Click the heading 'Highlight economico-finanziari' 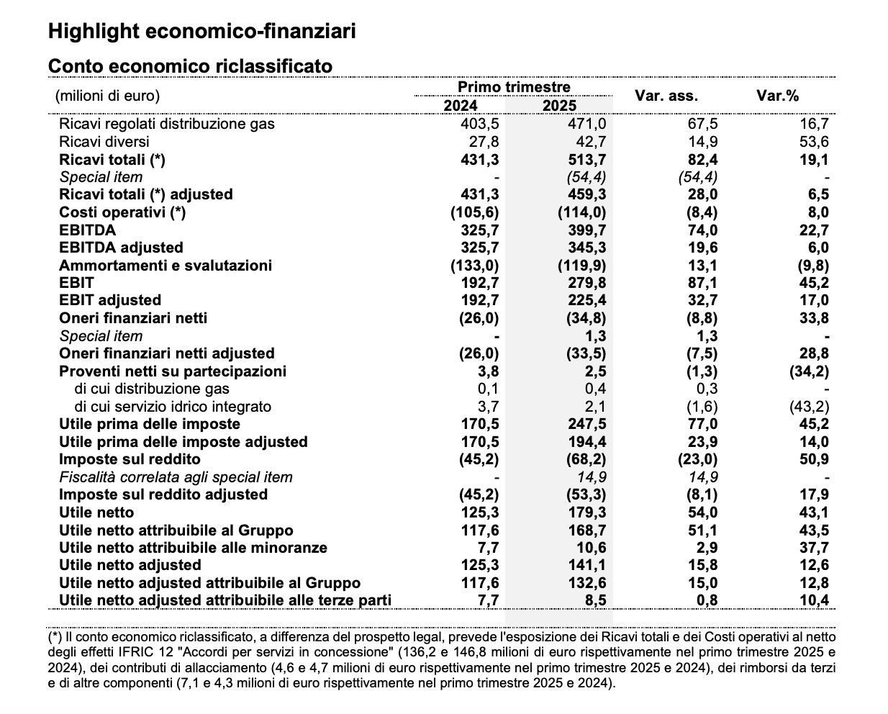pos(201,32)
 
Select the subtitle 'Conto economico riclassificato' pos(190,66)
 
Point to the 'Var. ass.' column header pos(666,96)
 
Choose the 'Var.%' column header pos(777,96)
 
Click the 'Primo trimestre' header pos(514,87)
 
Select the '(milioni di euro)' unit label pos(107,96)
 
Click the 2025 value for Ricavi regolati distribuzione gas pos(586,124)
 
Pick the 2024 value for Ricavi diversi pos(483,142)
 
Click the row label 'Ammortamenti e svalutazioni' pos(166,265)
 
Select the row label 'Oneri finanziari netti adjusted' pos(167,353)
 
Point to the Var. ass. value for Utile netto pos(702,512)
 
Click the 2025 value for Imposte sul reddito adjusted pos(581,494)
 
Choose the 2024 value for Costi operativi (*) pos(474,212)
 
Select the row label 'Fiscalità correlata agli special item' pos(176,477)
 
